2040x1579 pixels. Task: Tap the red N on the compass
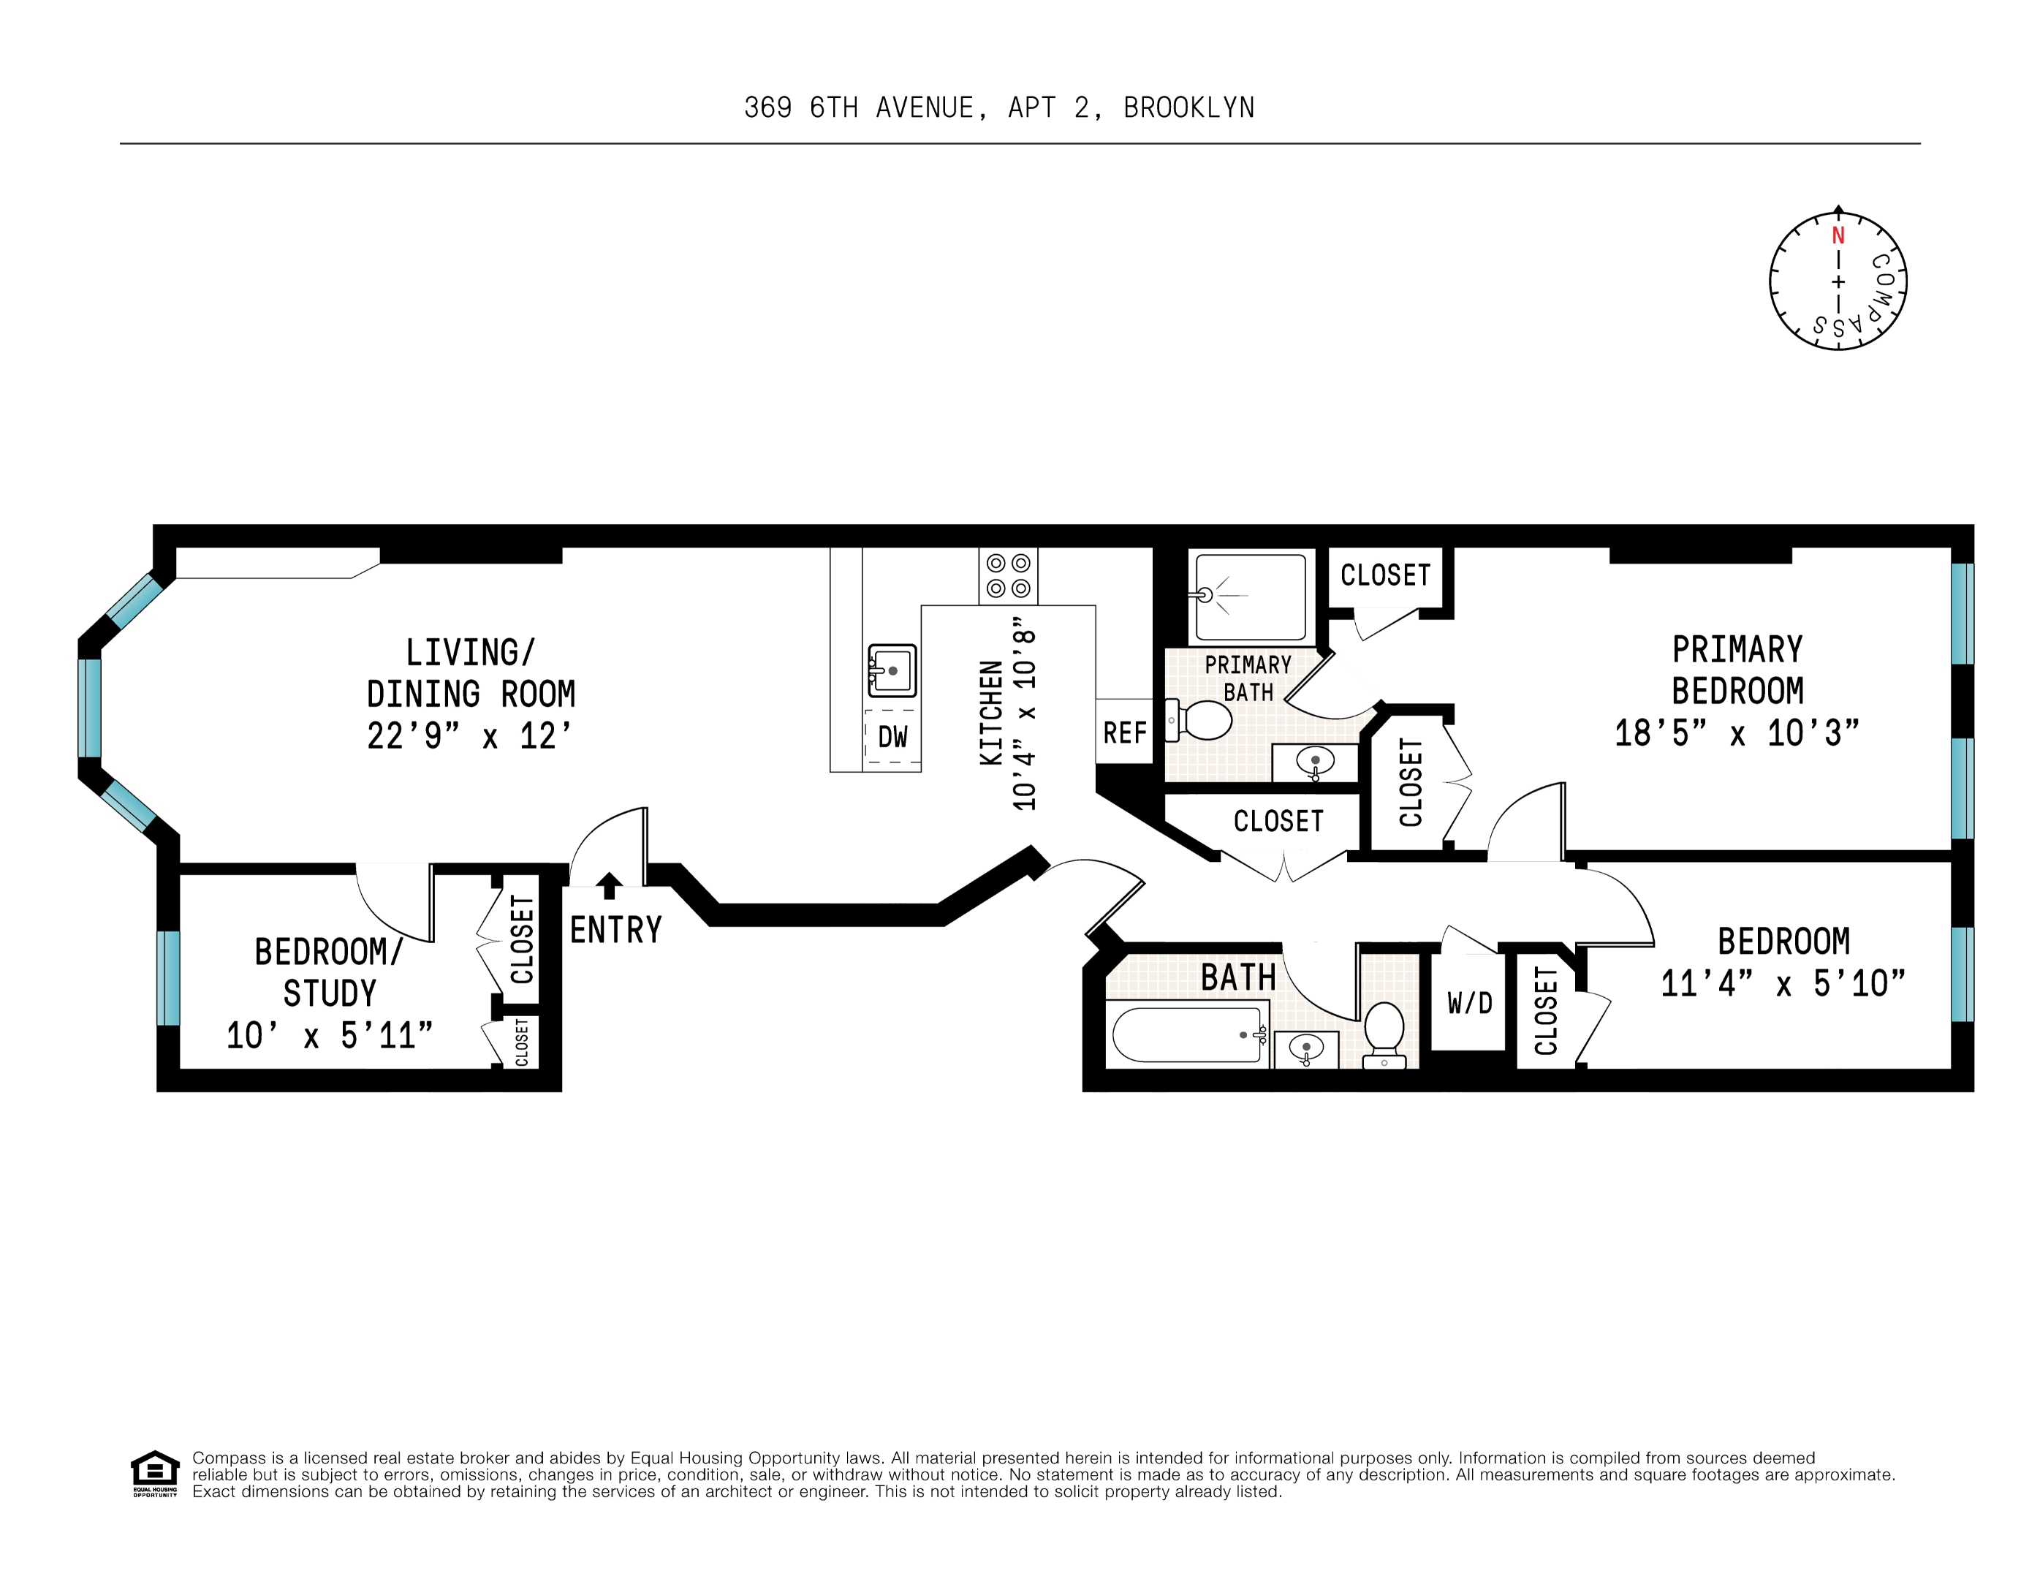[x=1838, y=235]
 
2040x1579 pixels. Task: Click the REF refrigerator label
[x=1125, y=733]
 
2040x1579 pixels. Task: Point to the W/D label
[x=1470, y=1004]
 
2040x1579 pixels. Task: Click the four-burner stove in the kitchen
[x=1008, y=575]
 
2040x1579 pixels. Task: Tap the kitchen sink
[x=892, y=670]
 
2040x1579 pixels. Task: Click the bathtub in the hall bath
[x=1186, y=1034]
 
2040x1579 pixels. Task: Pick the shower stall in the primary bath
[x=1251, y=597]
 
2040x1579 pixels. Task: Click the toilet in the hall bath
[x=1384, y=1035]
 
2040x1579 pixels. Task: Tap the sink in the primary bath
[x=1315, y=762]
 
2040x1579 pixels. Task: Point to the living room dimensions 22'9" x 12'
[x=469, y=736]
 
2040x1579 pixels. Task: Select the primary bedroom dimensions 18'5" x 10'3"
[x=1737, y=733]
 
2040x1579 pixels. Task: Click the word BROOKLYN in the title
[x=1188, y=108]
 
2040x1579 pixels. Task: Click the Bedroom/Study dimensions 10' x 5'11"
[x=330, y=1035]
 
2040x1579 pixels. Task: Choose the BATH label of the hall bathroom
[x=1239, y=977]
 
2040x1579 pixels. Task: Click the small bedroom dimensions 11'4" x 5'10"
[x=1782, y=983]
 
